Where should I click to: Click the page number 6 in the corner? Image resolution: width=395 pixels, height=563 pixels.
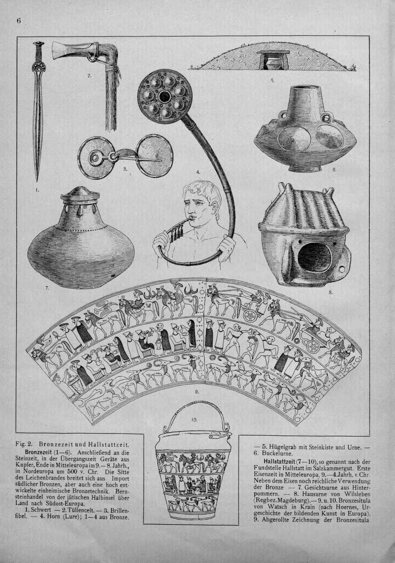coord(19,21)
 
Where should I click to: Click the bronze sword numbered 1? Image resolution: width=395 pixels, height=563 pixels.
coord(38,111)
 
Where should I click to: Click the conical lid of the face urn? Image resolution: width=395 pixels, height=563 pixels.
coord(80,193)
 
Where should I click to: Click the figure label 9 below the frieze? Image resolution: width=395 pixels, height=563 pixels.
coord(197,391)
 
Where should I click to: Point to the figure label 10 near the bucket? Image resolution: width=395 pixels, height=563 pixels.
coord(194,419)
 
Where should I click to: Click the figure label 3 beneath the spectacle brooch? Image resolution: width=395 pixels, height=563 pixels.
coord(124,169)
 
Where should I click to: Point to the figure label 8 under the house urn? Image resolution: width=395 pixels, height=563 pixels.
coord(331,292)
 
